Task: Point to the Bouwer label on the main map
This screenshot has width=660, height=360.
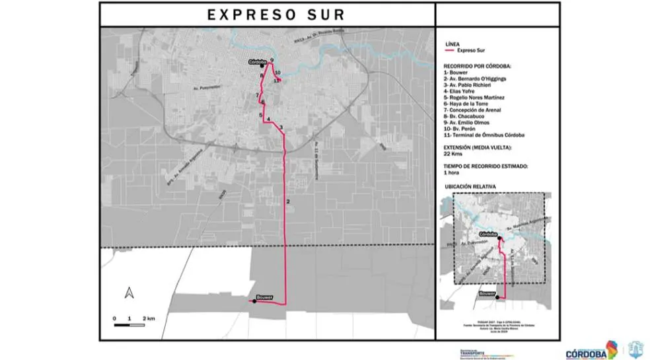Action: [x=264, y=297]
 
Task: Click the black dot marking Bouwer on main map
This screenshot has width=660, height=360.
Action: [x=255, y=301]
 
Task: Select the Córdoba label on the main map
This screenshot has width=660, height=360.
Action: [x=257, y=61]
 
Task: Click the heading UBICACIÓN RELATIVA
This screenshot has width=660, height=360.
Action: [x=470, y=187]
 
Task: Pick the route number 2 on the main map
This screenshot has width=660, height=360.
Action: [x=288, y=201]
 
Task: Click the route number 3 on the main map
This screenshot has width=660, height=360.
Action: [x=281, y=127]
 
